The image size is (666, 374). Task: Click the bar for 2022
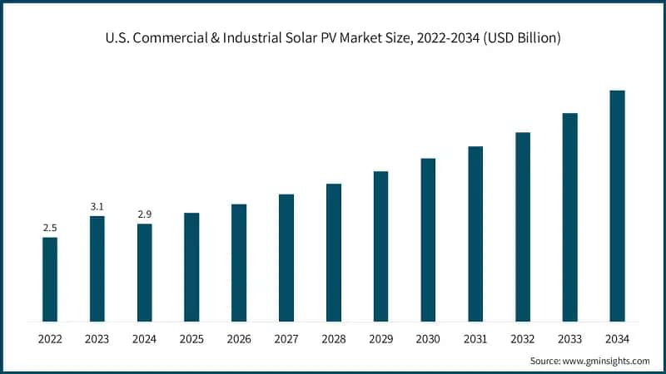[x=50, y=279]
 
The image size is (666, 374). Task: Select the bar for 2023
[x=97, y=268]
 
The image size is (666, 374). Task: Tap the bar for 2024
[x=144, y=273]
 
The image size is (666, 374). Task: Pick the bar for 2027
[x=286, y=258]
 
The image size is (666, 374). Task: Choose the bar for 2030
[x=428, y=239]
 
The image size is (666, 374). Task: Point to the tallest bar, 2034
[x=617, y=205]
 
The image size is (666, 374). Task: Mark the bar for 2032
[x=523, y=227]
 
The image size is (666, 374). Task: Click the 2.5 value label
[x=50, y=228]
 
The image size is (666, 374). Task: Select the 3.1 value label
[x=97, y=206]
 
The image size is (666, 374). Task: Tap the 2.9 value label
[x=144, y=214]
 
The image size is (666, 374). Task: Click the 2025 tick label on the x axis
[x=191, y=339]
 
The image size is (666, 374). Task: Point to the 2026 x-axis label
[x=239, y=339]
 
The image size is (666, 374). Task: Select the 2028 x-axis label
[x=334, y=339]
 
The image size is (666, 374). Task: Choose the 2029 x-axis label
[x=380, y=339]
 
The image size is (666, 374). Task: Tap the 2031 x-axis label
[x=475, y=339]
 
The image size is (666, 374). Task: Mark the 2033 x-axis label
[x=570, y=339]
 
